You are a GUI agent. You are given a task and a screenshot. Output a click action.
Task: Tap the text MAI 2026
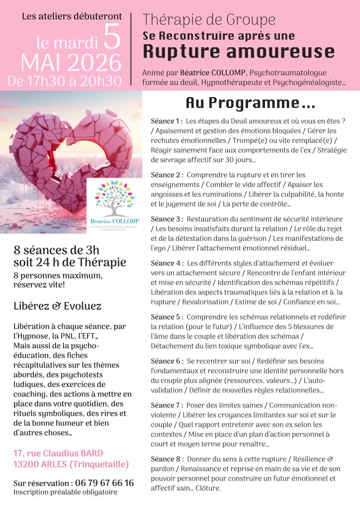[x=71, y=63]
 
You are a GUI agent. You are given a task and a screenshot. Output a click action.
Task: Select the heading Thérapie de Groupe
[x=208, y=20]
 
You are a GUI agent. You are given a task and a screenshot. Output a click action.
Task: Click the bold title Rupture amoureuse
[x=239, y=51]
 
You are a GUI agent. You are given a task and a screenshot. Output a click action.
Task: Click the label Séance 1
[x=167, y=121]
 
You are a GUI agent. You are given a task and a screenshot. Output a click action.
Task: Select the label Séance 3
[x=167, y=219]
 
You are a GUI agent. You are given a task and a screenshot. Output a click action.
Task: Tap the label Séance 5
[x=167, y=317]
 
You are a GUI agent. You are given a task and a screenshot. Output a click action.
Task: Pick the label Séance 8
[x=167, y=458]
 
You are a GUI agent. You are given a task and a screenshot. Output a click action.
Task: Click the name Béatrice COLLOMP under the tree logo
[x=114, y=221]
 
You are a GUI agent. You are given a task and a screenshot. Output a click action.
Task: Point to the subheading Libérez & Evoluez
[x=58, y=306]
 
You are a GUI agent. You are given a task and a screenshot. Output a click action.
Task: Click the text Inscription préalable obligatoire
[x=66, y=492]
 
